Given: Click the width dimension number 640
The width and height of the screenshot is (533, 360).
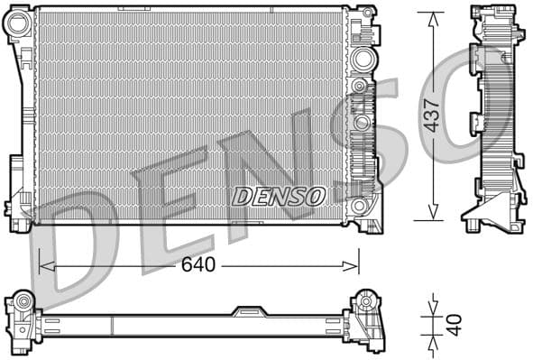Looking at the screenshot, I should [198, 265].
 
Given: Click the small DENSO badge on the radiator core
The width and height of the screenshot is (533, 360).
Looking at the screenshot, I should [278, 196].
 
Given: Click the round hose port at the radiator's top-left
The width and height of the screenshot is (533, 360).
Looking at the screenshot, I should [18, 26].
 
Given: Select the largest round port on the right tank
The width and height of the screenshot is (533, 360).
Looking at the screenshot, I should [363, 60].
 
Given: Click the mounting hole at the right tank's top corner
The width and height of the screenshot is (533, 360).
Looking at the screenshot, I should [367, 14].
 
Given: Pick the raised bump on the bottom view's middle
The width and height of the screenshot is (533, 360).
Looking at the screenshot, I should [250, 311].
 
